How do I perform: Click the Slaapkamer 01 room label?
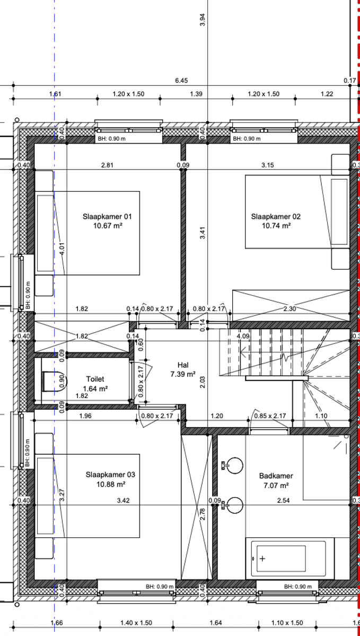107,221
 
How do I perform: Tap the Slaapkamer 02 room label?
276,221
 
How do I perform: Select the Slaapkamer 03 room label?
110,479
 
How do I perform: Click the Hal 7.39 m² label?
183,369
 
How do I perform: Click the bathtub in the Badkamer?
290,558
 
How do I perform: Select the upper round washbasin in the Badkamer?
234,466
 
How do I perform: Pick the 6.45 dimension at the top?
181,81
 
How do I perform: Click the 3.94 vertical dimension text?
203,20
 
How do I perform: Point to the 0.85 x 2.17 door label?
270,416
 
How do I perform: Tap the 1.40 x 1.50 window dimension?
136,623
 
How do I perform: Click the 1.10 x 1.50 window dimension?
287,623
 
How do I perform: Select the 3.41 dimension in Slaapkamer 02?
203,233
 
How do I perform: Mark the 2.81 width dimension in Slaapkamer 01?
107,165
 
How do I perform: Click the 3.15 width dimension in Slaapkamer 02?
267,165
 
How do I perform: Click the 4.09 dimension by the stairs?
243,336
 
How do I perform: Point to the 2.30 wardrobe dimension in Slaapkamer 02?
289,308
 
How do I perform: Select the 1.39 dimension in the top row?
196,94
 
